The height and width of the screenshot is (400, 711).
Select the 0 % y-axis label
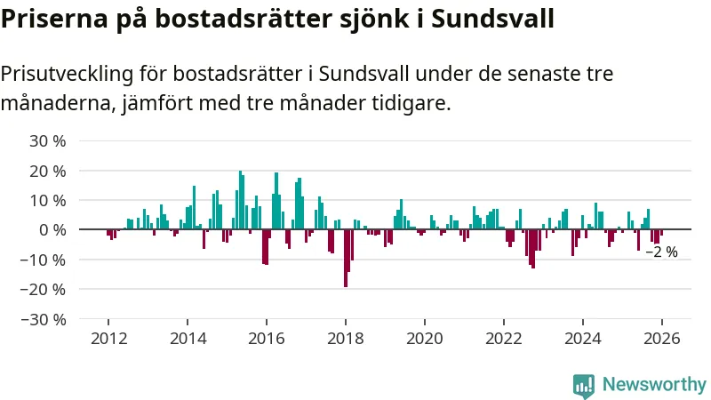point(52,229)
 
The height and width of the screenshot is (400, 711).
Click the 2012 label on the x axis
point(108,339)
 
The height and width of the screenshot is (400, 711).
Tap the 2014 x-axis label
point(188,339)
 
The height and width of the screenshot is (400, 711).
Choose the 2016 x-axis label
point(267,339)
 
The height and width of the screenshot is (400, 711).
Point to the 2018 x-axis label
point(345,339)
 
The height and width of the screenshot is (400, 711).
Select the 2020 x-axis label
point(424,339)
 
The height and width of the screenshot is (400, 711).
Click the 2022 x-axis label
point(503,339)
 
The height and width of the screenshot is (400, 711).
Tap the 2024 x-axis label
point(582,339)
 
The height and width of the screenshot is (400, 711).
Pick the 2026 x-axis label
point(661,339)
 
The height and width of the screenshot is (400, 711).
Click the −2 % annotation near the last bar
point(661,252)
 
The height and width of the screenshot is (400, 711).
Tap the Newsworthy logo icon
point(584,385)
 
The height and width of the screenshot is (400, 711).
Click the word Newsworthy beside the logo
point(654,385)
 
